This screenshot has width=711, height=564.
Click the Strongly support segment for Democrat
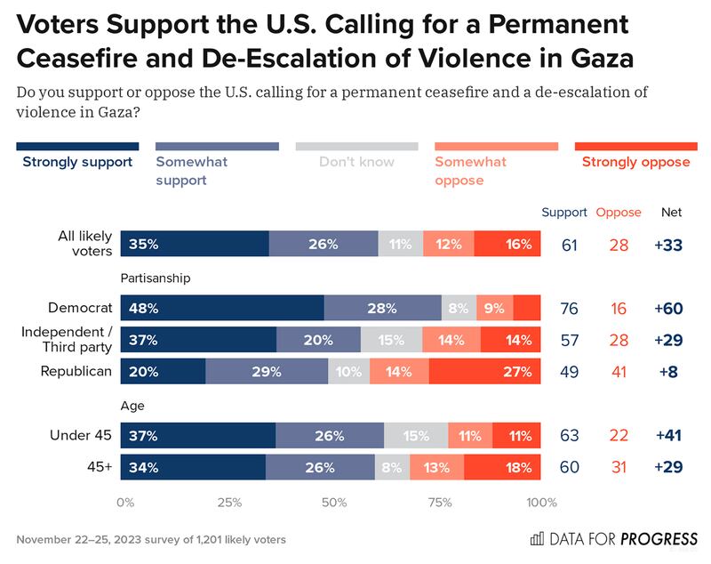click(x=224, y=309)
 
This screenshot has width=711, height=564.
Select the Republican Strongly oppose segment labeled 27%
click(x=484, y=372)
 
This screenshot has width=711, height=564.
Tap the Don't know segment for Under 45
click(x=416, y=437)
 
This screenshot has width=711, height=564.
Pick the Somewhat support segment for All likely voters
click(x=324, y=244)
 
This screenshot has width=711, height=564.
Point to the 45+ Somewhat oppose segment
click(x=436, y=467)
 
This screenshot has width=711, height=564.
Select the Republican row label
click(x=77, y=372)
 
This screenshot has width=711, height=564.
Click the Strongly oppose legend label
click(x=635, y=162)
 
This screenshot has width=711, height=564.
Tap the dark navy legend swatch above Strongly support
click(x=78, y=146)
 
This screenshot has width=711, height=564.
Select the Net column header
click(x=671, y=213)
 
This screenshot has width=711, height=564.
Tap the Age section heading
click(x=135, y=406)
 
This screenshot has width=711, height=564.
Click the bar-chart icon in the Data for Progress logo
click(x=537, y=539)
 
